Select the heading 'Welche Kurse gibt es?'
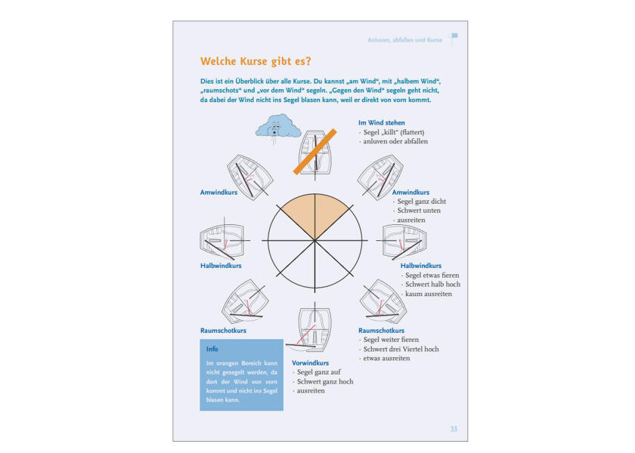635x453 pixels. click(256, 61)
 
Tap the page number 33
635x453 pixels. click(454, 429)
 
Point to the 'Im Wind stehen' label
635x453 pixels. click(382, 122)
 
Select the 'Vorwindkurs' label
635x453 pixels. click(310, 363)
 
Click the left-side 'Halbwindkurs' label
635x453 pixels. click(221, 266)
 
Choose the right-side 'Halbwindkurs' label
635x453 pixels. click(421, 266)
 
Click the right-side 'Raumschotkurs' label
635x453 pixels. click(381, 331)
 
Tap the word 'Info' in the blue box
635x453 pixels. click(212, 350)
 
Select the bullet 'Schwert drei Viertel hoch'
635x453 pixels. click(401, 349)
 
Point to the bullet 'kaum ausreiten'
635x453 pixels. click(429, 294)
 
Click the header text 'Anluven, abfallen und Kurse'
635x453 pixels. click(404, 39)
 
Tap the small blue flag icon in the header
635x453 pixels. click(454, 38)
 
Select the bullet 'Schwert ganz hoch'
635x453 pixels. click(325, 381)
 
